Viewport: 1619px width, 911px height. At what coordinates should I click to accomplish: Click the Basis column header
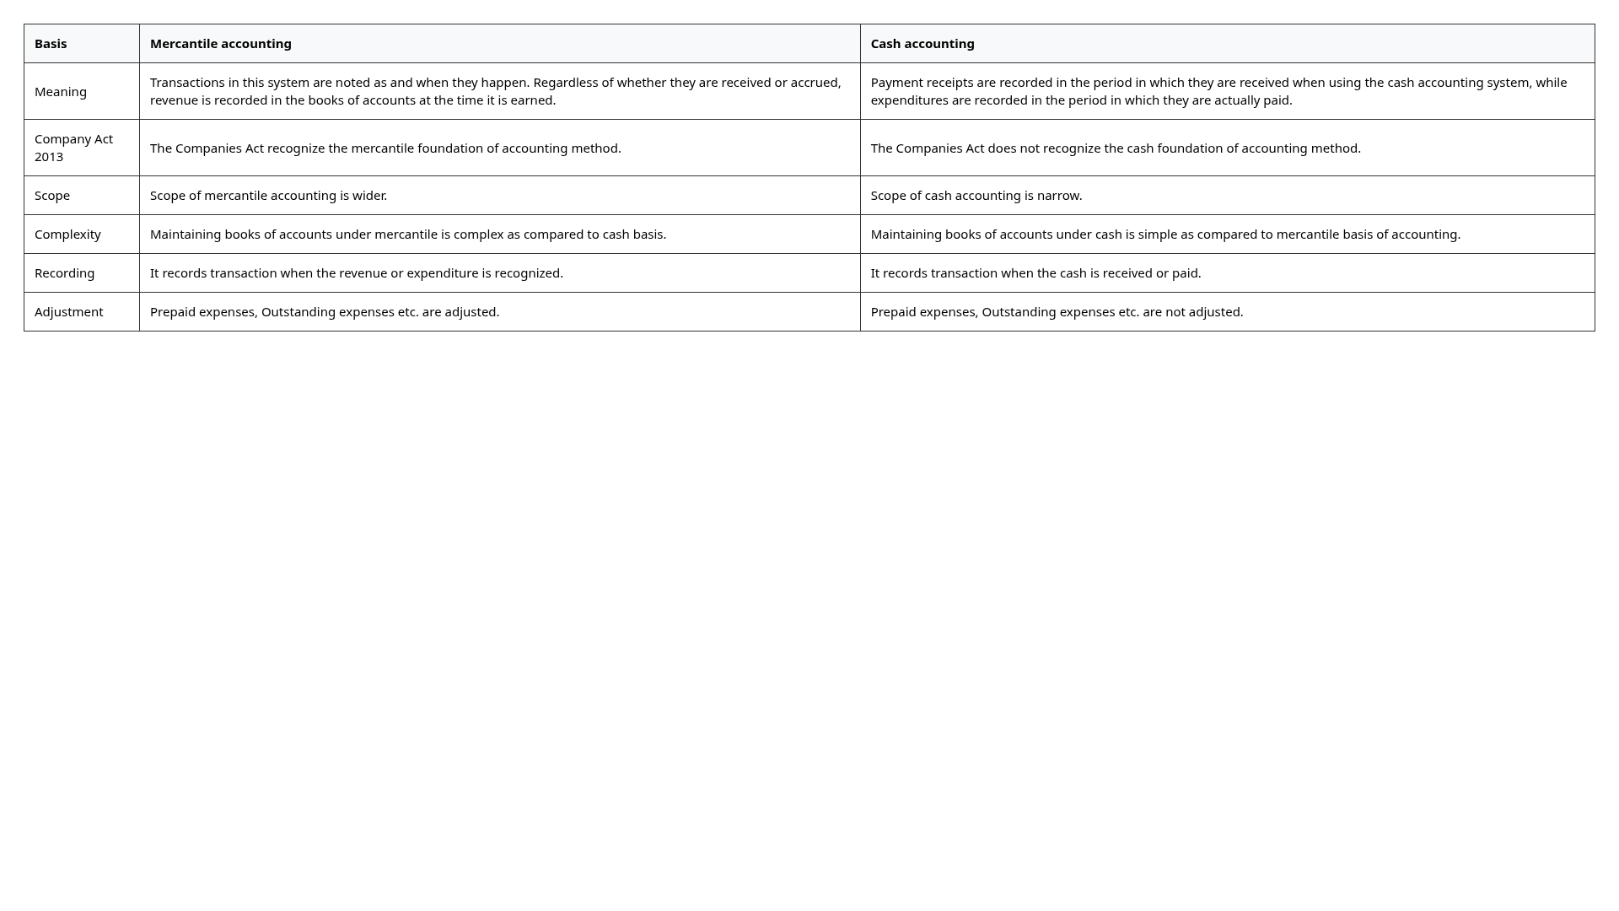(x=51, y=44)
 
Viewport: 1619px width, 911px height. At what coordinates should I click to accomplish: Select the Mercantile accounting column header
(x=221, y=44)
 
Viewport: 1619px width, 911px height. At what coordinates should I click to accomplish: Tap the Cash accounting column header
(x=922, y=44)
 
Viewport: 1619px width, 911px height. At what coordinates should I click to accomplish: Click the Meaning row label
(x=61, y=92)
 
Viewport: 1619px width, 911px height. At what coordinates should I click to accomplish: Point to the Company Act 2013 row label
(x=73, y=148)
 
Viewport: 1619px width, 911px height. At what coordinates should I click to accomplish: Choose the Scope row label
(x=52, y=196)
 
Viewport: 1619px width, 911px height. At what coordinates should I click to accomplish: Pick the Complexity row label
(x=67, y=234)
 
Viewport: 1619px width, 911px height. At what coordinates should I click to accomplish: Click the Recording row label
(x=64, y=273)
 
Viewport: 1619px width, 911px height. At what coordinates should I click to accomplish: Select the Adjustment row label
(x=69, y=312)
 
